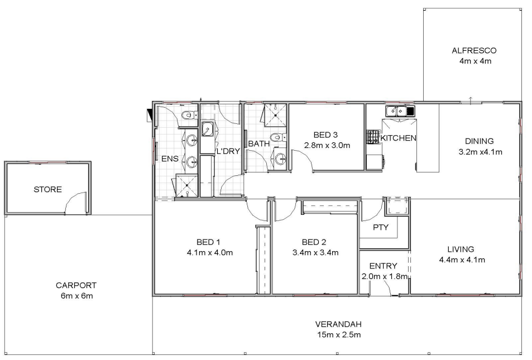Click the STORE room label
click(47, 189)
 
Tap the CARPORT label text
click(76, 285)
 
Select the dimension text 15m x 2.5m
click(339, 335)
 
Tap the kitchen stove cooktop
click(373, 137)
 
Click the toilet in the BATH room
click(279, 137)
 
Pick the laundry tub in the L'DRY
click(207, 129)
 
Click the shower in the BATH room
click(276, 115)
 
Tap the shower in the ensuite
click(186, 186)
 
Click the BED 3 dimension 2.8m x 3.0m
click(327, 146)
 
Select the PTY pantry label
click(380, 227)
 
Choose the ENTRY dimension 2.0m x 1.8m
click(385, 276)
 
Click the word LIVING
click(461, 249)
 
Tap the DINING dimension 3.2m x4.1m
click(480, 152)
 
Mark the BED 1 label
click(208, 242)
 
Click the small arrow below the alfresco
click(471, 100)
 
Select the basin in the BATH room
click(280, 158)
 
